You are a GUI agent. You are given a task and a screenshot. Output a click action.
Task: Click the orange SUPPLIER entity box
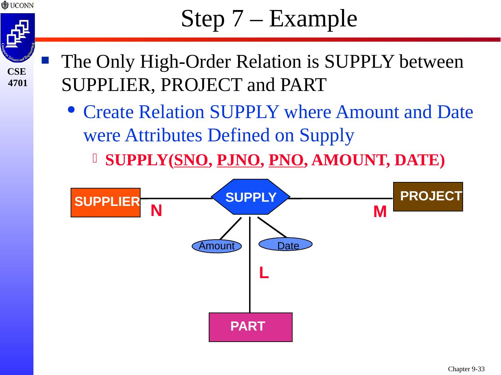[x=105, y=202]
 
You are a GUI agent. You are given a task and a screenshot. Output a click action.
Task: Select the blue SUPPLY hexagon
[x=250, y=197]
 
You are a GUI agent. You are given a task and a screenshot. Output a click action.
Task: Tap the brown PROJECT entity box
[x=428, y=197]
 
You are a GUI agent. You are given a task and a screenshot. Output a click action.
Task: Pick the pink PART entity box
[x=250, y=327]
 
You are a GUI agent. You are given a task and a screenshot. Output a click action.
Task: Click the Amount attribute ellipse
[x=217, y=246]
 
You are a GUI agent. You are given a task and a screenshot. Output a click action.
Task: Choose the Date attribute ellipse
[x=286, y=244]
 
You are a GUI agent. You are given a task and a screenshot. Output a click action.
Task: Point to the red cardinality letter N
[x=157, y=211]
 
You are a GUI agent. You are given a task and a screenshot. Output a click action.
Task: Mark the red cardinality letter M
[x=380, y=212]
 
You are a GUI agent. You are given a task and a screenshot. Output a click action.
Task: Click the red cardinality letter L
[x=264, y=274]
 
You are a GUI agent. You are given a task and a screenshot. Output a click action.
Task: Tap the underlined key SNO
[x=191, y=160]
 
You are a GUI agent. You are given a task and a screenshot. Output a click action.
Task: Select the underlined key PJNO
[x=238, y=160]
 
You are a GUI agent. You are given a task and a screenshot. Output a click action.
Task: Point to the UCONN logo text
[x=22, y=6]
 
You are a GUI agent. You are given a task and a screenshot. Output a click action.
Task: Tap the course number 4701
[x=17, y=83]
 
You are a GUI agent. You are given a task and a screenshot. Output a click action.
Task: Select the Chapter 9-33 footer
[x=466, y=369]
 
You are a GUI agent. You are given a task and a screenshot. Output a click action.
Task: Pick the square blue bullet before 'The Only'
[x=45, y=61]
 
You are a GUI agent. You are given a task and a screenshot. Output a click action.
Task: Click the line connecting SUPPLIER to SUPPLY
[x=177, y=199]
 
